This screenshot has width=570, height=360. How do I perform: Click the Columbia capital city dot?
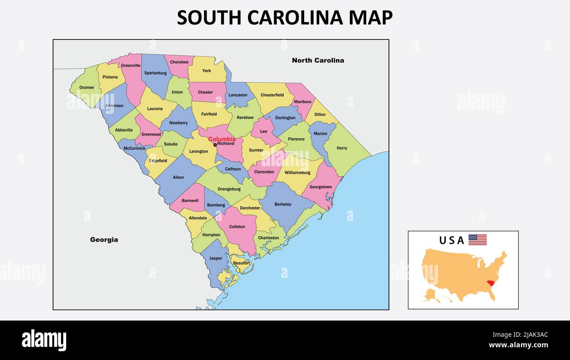[215, 145]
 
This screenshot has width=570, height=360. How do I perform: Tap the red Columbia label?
[222, 139]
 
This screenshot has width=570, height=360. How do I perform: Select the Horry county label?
[342, 148]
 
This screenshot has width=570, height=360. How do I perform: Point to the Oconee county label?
[87, 88]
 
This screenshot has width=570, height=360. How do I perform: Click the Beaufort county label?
[242, 263]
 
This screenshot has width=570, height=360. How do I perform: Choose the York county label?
[207, 71]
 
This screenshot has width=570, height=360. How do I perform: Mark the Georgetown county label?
[321, 187]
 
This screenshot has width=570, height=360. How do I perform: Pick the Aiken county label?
[178, 178]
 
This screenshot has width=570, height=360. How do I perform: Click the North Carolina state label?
[318, 61]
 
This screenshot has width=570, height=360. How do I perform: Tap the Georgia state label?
[104, 240]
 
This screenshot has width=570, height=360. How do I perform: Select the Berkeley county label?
[283, 204]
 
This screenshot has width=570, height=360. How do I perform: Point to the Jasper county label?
[216, 258]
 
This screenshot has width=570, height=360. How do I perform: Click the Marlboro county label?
[303, 102]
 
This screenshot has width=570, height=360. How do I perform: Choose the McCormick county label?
[135, 148]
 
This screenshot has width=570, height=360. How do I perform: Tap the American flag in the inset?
[477, 240]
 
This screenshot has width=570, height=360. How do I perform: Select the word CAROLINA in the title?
[296, 18]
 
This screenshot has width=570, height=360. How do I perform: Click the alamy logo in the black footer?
[44, 340]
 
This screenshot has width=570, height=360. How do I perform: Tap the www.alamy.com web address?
[519, 345]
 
